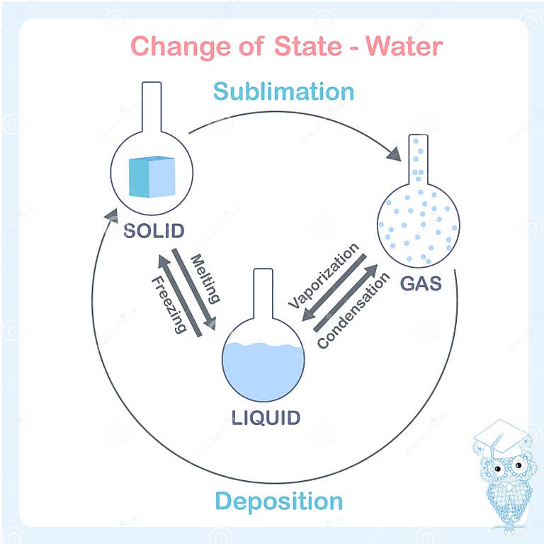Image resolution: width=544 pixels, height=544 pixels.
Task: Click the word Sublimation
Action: tap(283, 91)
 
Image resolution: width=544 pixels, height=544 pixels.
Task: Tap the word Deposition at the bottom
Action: tap(279, 501)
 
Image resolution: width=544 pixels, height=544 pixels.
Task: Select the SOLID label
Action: tap(154, 231)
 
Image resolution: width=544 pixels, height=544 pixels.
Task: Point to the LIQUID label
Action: tap(266, 416)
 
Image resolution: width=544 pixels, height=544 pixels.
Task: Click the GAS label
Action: tap(420, 283)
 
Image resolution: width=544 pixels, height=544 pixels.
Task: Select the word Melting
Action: tap(206, 278)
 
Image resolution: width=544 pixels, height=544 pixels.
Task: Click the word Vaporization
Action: tap(324, 276)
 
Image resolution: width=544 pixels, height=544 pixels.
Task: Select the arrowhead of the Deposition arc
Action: tap(108, 212)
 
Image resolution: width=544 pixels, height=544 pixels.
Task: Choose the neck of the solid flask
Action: tap(151, 106)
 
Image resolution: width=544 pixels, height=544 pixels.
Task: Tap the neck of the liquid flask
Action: tap(263, 295)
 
